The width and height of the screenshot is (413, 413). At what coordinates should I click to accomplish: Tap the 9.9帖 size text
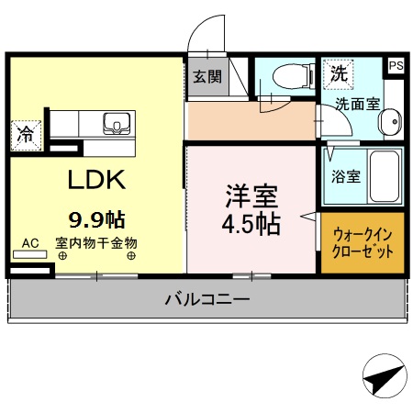(97, 219)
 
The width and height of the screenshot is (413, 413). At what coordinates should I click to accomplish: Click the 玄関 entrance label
(206, 77)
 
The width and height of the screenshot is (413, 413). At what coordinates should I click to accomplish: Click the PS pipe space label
(396, 66)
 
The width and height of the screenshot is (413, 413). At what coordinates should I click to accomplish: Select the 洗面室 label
(356, 104)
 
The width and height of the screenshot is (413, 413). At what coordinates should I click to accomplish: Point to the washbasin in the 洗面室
(390, 121)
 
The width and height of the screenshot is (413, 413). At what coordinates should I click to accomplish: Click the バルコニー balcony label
(207, 299)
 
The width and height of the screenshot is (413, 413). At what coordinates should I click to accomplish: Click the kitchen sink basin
(117, 124)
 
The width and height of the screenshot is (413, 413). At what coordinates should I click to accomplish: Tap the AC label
(29, 243)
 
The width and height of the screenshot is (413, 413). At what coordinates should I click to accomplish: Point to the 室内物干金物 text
(95, 243)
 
